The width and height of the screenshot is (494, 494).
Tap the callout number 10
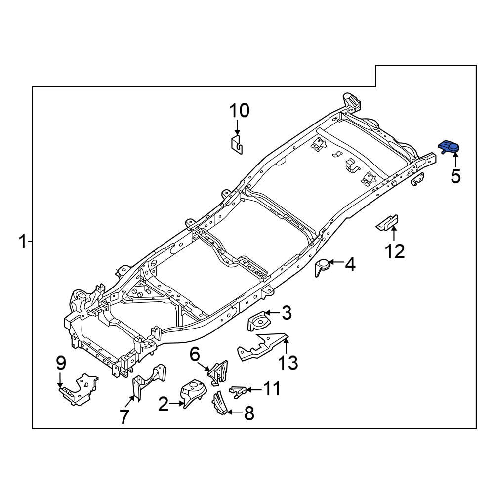pyautogui.click(x=239, y=111)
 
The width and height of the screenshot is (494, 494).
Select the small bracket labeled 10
pyautogui.click(x=238, y=145)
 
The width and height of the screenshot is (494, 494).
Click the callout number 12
pyautogui.click(x=395, y=251)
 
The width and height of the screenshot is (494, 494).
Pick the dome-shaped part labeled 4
pyautogui.click(x=323, y=267)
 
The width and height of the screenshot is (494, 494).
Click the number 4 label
pyautogui.click(x=350, y=265)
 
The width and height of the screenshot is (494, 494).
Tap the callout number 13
pyautogui.click(x=288, y=363)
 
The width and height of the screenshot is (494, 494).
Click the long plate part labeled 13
pyautogui.click(x=262, y=346)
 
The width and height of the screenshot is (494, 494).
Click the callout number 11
pyautogui.click(x=270, y=389)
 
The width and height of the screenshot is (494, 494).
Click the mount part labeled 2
pyautogui.click(x=194, y=393)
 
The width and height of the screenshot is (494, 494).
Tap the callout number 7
pyautogui.click(x=124, y=416)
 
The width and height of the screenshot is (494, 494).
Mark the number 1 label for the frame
pyautogui.click(x=22, y=242)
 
